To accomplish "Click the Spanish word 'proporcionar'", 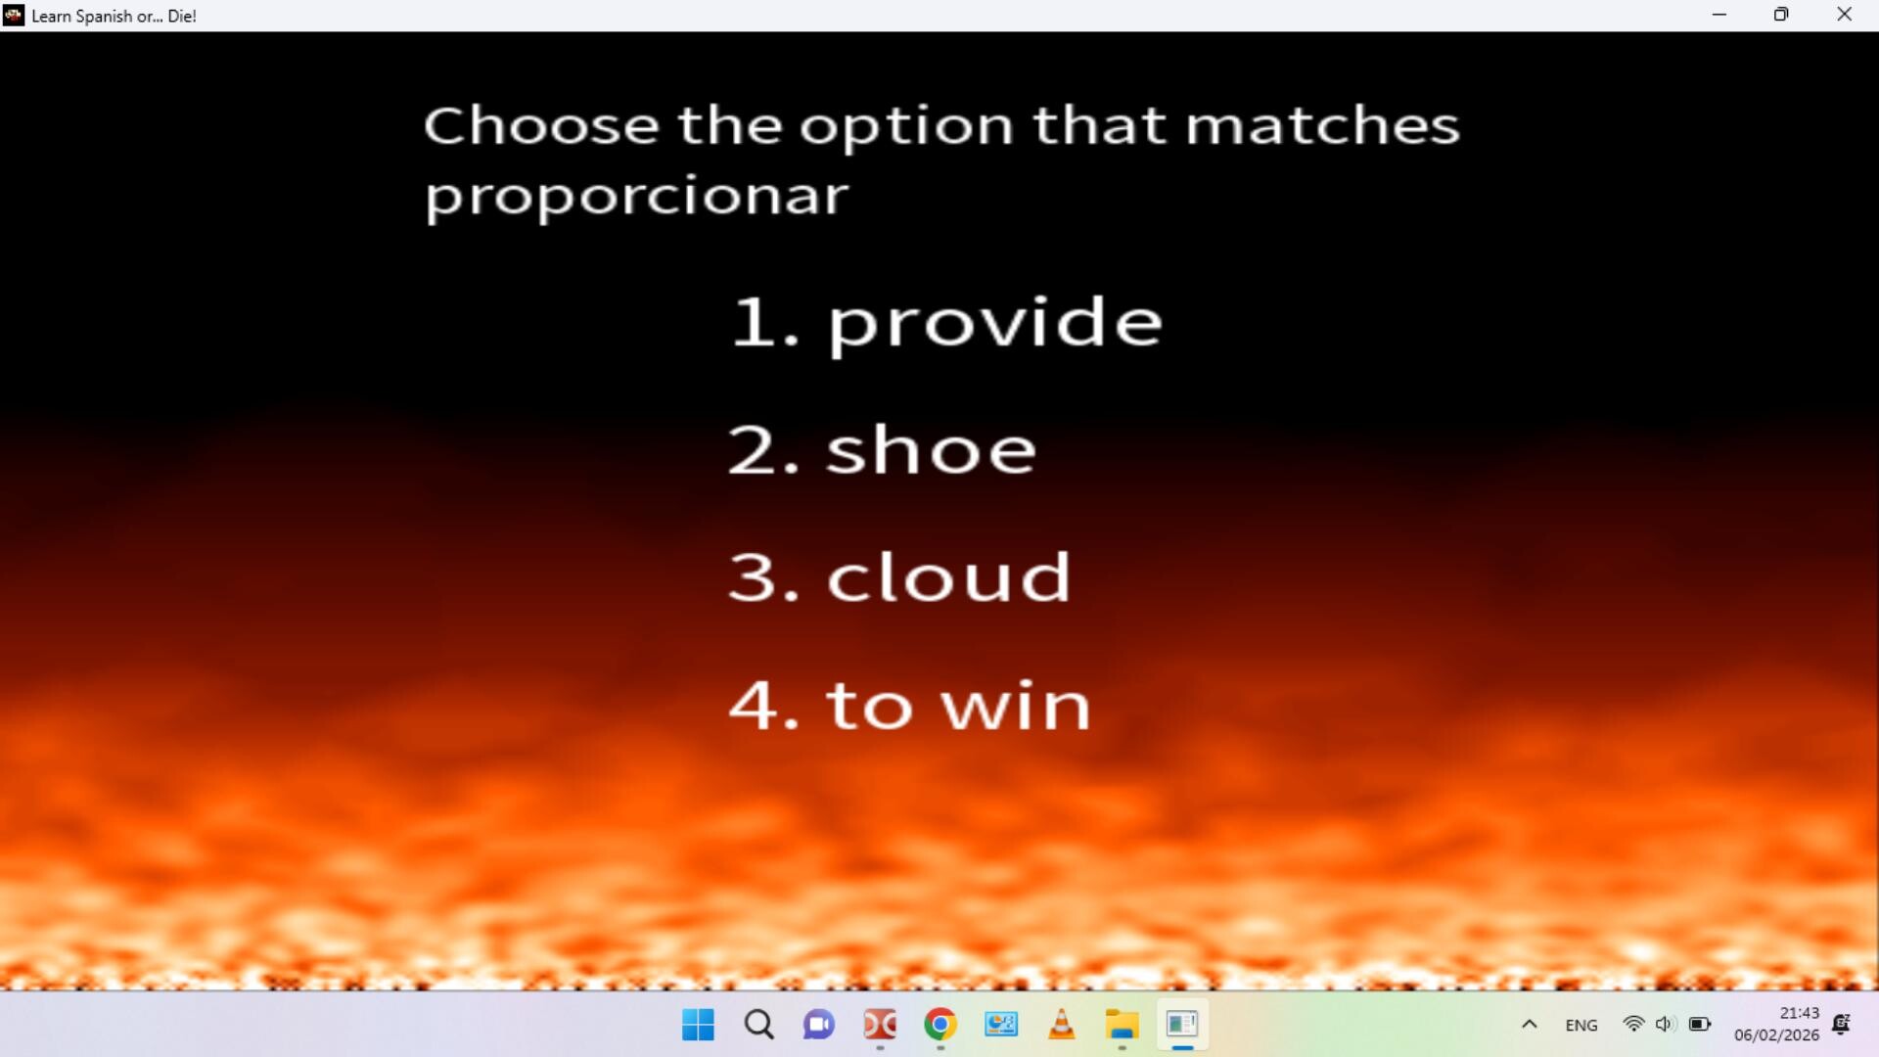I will (x=636, y=197).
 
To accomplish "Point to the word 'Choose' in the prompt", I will (x=541, y=125).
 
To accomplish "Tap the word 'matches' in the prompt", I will (x=1322, y=125).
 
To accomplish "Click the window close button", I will (x=1844, y=15).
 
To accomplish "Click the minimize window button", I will (x=1719, y=15).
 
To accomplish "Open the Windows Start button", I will (x=698, y=1025).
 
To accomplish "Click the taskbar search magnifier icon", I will (x=758, y=1025).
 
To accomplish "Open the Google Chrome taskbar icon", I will (x=939, y=1025).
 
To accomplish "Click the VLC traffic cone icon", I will (x=1061, y=1025).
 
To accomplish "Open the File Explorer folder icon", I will (x=1122, y=1025).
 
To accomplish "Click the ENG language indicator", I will (x=1581, y=1025).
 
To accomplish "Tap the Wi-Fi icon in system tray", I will (x=1632, y=1024).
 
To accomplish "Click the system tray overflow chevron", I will (x=1529, y=1025).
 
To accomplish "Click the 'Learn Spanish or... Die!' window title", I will (x=114, y=16).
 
